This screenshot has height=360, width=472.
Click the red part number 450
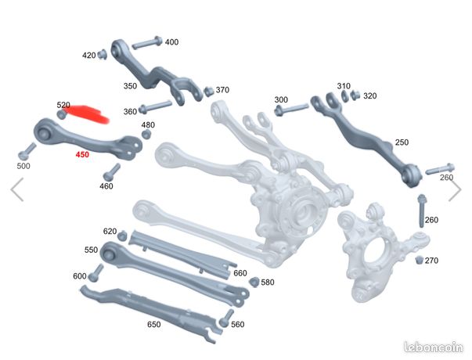click(82, 155)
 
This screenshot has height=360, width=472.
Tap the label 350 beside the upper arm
click(130, 86)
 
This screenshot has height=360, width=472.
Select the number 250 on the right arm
click(402, 142)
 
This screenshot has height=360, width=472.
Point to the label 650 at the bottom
click(153, 325)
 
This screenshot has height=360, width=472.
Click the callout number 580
click(267, 283)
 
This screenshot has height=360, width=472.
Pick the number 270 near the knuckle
click(431, 261)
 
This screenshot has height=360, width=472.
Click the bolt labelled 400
click(147, 43)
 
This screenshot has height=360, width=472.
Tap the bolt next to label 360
click(155, 107)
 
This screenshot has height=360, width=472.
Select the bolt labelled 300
click(291, 109)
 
